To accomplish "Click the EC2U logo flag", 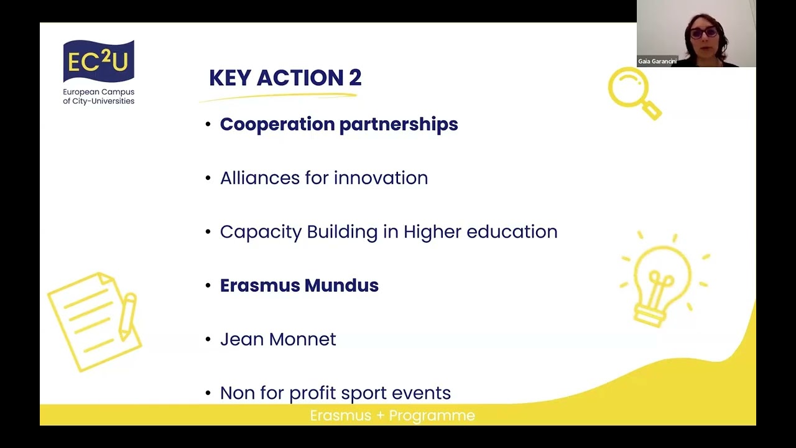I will click(x=98, y=62).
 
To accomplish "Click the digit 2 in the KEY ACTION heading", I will click(x=354, y=78).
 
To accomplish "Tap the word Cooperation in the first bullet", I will click(x=277, y=124).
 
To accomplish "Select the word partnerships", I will click(x=399, y=124).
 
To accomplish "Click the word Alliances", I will click(x=259, y=178).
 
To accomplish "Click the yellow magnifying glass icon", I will click(x=633, y=92).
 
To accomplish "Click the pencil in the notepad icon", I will click(x=128, y=317).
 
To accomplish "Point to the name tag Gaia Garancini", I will click(x=657, y=62).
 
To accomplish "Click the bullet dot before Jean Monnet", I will click(x=208, y=340).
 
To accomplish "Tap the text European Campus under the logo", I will click(x=98, y=92).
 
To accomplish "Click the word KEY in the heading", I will click(x=230, y=78).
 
